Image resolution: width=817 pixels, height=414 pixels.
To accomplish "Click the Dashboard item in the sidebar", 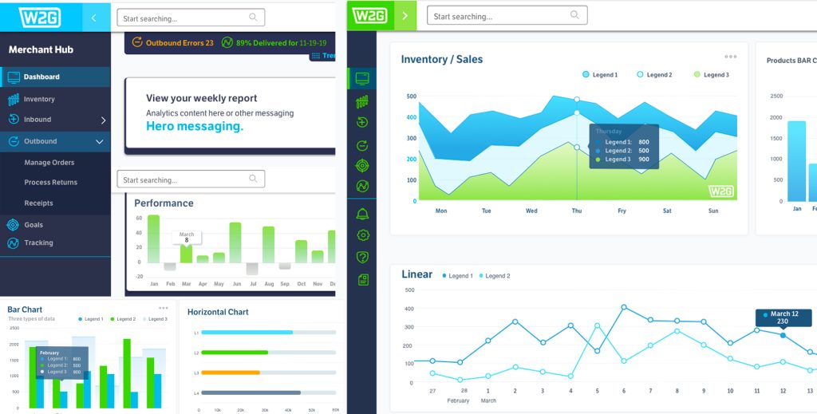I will (x=41, y=77).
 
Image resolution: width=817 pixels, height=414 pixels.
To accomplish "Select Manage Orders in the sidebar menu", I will (x=49, y=163).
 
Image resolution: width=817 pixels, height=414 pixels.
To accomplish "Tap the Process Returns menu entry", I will (x=51, y=183).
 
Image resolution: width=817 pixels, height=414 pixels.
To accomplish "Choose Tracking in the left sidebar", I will (x=38, y=243).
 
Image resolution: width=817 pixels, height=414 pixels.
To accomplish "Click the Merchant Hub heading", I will (x=41, y=49).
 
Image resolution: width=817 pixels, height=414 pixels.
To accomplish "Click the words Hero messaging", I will (x=195, y=126).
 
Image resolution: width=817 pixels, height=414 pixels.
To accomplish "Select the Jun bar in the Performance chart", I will (x=235, y=242).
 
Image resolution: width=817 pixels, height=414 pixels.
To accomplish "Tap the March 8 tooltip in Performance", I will (x=187, y=237).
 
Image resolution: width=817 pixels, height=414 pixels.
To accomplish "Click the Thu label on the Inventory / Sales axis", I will (x=576, y=211).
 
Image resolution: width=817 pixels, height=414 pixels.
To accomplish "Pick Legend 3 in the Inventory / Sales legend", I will (x=711, y=75).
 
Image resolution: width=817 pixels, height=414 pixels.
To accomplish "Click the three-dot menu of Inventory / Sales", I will (x=731, y=57).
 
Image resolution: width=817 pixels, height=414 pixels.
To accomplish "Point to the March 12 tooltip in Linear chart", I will (x=783, y=317).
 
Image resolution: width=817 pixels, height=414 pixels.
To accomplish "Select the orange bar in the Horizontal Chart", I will (x=231, y=373).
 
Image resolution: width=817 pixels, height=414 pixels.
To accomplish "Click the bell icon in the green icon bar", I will (x=363, y=214).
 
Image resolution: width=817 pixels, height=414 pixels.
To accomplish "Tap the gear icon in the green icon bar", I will (x=363, y=235).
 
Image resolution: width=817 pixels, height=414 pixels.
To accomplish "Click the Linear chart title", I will (x=416, y=274).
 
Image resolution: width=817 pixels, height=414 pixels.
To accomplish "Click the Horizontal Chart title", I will (x=218, y=313).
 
